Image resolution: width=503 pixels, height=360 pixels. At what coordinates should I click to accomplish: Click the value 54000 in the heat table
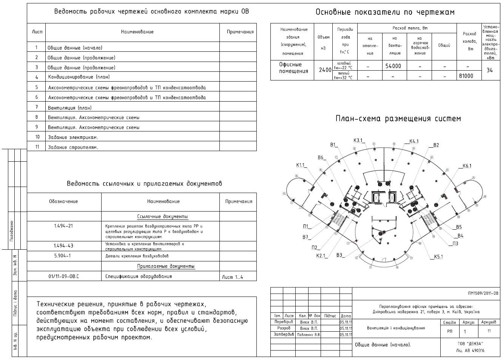[393, 66]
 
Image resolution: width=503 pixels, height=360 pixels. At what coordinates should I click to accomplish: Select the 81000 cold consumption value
[466, 76]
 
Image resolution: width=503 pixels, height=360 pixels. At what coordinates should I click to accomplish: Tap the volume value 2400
[325, 70]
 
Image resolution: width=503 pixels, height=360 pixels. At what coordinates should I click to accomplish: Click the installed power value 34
[489, 70]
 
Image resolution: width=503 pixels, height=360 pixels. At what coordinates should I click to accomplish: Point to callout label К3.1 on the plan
[358, 141]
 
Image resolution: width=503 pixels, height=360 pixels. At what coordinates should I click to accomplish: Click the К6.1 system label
[467, 166]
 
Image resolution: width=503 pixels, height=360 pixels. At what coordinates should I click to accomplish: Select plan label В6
[321, 158]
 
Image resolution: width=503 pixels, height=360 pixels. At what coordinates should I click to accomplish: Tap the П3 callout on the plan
[455, 244]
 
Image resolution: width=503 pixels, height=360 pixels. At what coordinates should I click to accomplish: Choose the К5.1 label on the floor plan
[438, 257]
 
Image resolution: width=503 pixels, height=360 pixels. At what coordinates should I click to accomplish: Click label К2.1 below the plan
[321, 256]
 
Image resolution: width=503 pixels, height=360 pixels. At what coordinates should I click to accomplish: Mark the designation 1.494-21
[63, 226]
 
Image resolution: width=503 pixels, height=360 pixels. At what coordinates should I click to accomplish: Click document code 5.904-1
[62, 256]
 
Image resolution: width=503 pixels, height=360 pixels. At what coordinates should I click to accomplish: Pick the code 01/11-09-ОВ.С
[64, 277]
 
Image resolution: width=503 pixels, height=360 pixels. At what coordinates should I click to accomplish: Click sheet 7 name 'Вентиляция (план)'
[69, 108]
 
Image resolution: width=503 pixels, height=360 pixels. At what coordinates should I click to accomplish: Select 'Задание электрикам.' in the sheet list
[73, 138]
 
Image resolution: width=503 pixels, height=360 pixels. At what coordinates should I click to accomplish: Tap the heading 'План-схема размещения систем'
[398, 119]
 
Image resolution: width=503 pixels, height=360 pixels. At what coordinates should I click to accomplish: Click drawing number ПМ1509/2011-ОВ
[483, 293]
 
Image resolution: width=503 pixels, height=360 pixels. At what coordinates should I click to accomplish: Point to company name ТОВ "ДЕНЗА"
[470, 343]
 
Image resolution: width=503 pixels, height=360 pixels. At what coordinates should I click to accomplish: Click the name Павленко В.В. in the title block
[309, 335]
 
